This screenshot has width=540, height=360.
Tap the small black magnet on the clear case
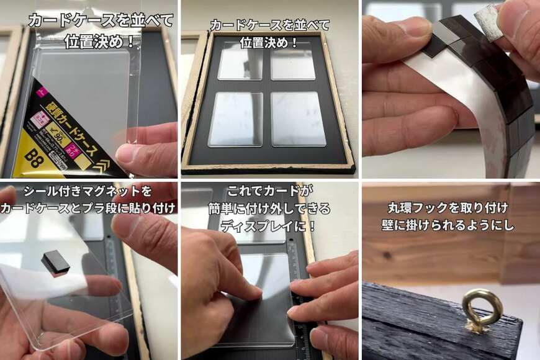55,263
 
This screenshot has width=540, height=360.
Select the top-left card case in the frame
241,61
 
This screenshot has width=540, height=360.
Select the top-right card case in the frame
293,61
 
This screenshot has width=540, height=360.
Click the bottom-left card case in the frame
235,119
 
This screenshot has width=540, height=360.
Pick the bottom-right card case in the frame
299,119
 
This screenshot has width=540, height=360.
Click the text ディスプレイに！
269,224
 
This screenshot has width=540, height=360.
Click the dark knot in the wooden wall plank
387,255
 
